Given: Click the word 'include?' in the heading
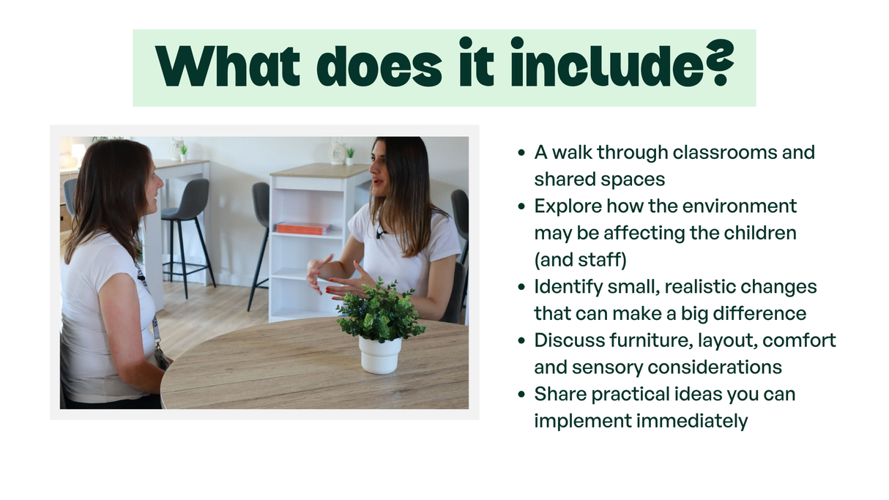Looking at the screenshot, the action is (x=622, y=63).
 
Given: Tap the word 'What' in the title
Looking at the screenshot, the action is (x=228, y=66).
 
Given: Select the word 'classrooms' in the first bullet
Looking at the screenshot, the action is (x=724, y=152).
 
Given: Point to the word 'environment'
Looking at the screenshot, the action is (x=740, y=206).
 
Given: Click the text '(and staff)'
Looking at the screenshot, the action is (x=580, y=260).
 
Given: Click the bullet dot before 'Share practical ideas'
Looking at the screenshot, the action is (x=521, y=395).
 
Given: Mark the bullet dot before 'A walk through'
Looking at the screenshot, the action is (x=521, y=153).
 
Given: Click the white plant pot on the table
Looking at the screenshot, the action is (x=380, y=355).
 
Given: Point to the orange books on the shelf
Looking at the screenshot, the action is (x=304, y=228).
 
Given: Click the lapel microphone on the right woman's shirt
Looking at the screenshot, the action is (x=380, y=234).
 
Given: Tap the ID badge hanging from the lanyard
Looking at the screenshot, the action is (x=162, y=358).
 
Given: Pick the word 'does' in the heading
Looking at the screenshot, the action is (x=379, y=66).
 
